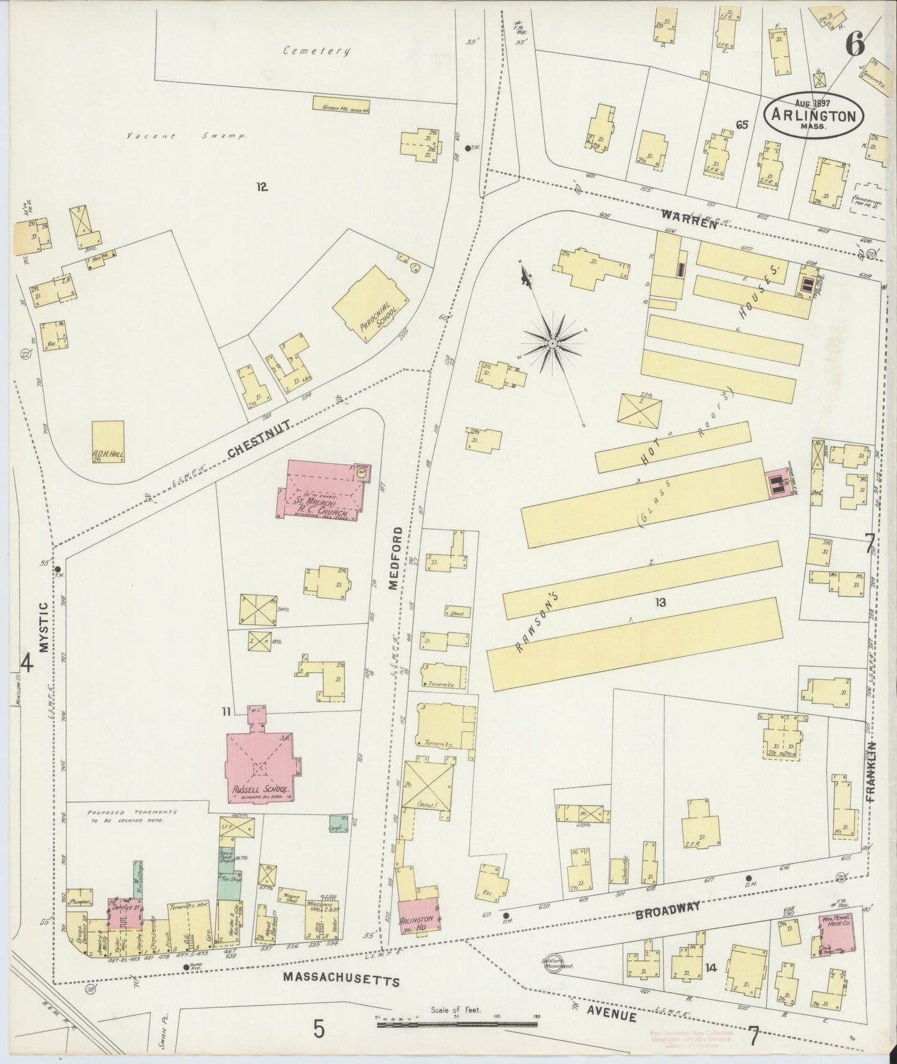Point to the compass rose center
[552, 342]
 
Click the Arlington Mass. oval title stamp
[814, 115]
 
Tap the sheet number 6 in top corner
[855, 44]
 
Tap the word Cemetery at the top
[317, 51]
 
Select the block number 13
[659, 602]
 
